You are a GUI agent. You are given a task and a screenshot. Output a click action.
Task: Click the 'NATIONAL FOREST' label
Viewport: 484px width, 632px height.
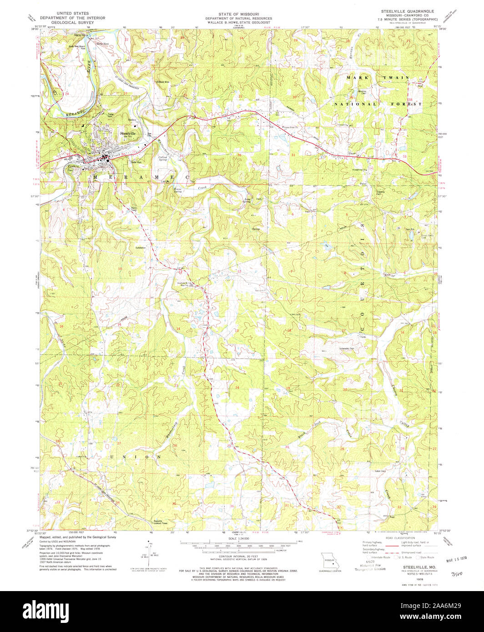(x=378, y=104)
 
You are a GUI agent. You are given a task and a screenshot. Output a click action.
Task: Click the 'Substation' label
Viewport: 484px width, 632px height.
(x=141, y=248)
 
